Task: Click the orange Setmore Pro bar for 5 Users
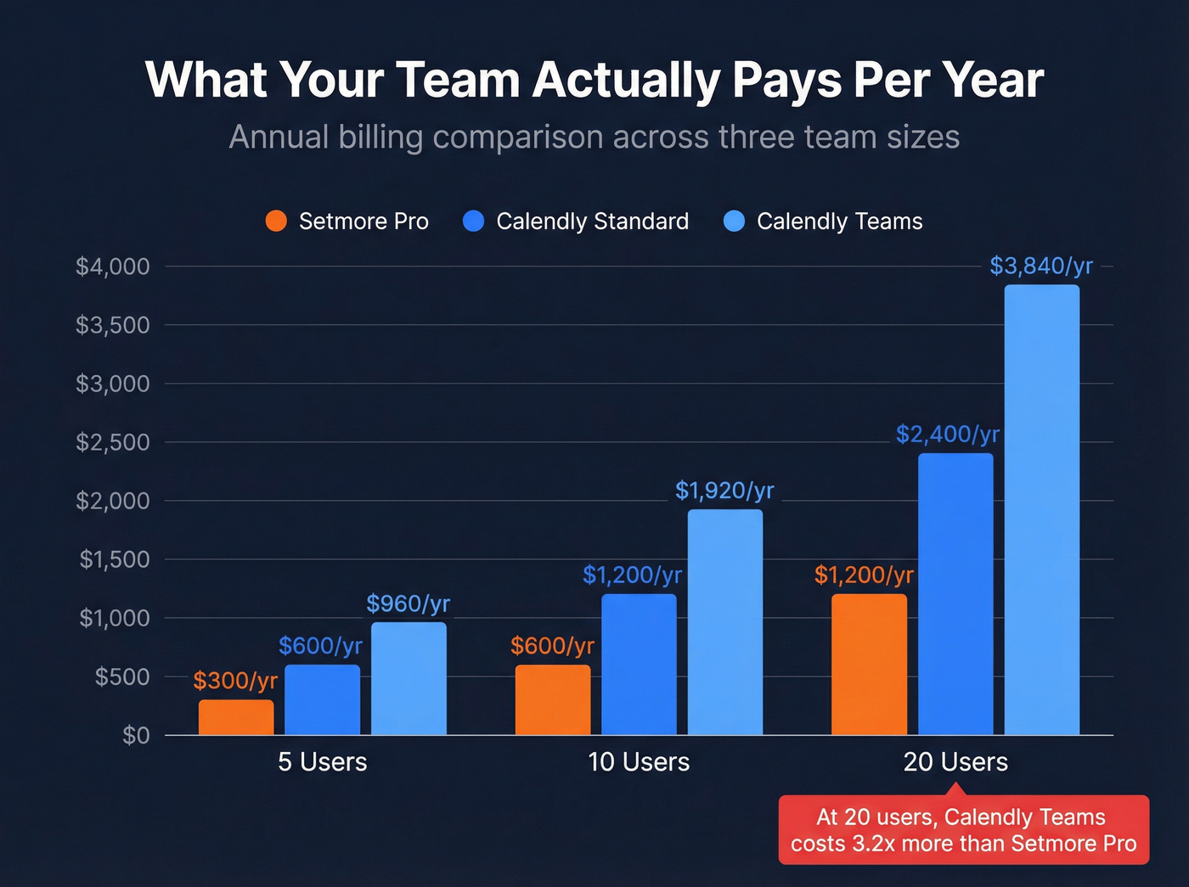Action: [236, 717]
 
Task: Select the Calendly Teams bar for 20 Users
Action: [1041, 509]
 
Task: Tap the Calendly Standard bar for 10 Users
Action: [639, 664]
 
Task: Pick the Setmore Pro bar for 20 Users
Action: [869, 664]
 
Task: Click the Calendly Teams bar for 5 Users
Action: [409, 678]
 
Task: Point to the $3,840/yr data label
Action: [1040, 267]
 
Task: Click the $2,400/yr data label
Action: [947, 435]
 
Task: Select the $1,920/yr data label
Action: [724, 491]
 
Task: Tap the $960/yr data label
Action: [408, 603]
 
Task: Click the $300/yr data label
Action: [235, 681]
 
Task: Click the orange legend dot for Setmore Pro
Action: [276, 222]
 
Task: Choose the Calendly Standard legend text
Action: [592, 222]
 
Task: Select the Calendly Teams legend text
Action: [839, 222]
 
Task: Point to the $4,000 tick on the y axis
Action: [113, 267]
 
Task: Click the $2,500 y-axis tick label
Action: [113, 442]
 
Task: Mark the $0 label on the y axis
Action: [136, 735]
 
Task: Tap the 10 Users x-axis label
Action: [639, 762]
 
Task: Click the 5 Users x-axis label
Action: [323, 762]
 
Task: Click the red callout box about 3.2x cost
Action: [963, 830]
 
